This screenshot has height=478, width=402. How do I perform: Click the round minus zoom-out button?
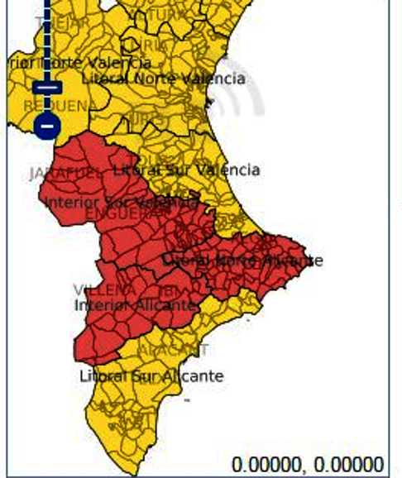(x=47, y=127)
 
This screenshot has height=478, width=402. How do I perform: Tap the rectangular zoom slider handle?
(x=47, y=87)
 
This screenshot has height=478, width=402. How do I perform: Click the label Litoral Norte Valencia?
(x=164, y=79)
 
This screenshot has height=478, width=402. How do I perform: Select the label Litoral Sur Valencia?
(x=186, y=170)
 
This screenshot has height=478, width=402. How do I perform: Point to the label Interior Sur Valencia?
(x=121, y=202)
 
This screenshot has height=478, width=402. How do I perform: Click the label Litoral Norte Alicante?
(x=242, y=261)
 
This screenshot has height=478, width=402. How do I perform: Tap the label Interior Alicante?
(x=136, y=305)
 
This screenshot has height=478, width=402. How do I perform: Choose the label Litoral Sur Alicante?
(x=151, y=375)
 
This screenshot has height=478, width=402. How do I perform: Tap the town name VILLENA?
(x=104, y=290)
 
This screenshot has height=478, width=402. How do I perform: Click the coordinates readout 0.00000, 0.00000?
(x=308, y=464)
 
